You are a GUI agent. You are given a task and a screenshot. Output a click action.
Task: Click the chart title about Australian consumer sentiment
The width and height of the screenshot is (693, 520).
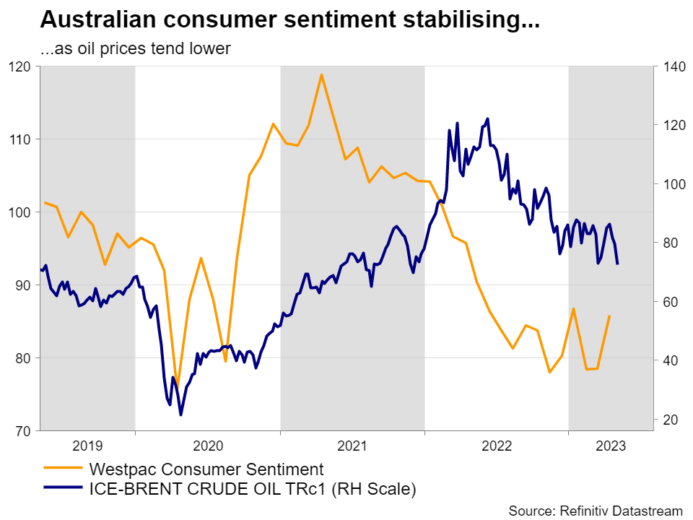tap(289, 20)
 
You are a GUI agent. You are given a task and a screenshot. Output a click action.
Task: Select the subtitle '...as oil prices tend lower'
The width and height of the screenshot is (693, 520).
tap(135, 49)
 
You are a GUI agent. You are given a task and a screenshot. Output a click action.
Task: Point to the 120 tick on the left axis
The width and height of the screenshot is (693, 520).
tap(21, 66)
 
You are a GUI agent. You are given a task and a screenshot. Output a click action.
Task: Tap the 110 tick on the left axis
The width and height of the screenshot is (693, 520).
tap(21, 139)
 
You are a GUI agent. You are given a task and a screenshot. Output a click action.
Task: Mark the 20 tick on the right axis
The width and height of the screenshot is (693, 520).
tap(667, 420)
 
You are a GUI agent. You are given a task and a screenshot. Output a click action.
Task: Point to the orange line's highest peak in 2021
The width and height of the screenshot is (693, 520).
tap(321, 74)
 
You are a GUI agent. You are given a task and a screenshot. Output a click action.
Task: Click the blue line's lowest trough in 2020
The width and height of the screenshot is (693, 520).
tap(180, 415)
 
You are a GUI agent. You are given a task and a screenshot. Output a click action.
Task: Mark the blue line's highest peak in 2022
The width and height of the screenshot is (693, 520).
tap(488, 118)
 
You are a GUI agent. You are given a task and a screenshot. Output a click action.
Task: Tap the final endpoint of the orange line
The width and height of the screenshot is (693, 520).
tap(610, 316)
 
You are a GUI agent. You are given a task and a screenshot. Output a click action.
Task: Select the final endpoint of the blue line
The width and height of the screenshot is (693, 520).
tap(617, 264)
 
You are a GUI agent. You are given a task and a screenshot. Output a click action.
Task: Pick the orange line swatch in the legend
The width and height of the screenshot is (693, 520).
tap(62, 469)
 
